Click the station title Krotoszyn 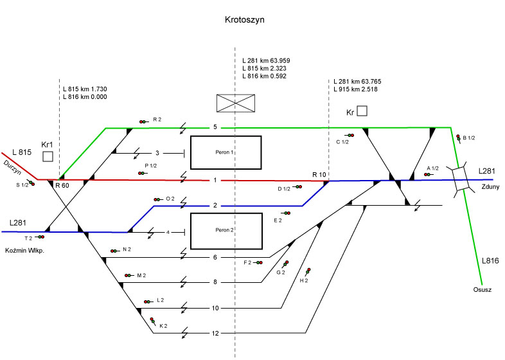coord(245,20)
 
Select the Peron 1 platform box coord(226,152)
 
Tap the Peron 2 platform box coord(226,230)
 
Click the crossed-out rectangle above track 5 coord(236,103)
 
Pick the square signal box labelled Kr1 coord(48,157)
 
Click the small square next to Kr coord(362,111)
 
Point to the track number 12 coord(215,333)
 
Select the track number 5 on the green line coord(215,128)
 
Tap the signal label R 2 coord(157,120)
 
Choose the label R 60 coord(62,186)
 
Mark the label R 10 coord(319,175)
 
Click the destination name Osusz coord(482,290)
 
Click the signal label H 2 coord(304,281)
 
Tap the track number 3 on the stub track coord(157,153)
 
